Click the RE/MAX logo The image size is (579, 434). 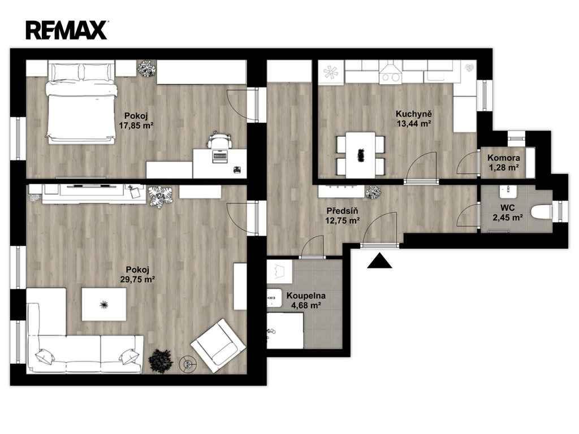pyautogui.click(x=67, y=30)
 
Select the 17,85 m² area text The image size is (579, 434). pyautogui.click(x=136, y=125)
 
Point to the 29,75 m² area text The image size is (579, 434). pyautogui.click(x=137, y=279)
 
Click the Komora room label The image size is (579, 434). pyautogui.click(x=504, y=158)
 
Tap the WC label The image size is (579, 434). pyautogui.click(x=507, y=209)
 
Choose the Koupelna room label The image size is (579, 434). pyautogui.click(x=306, y=296)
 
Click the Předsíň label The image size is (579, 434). pyautogui.click(x=342, y=211)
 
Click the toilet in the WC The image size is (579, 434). pyautogui.click(x=541, y=213)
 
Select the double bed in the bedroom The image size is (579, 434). pyautogui.click(x=81, y=102)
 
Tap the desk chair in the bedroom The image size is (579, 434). pyautogui.click(x=220, y=140)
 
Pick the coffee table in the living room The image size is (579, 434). pyautogui.click(x=104, y=305)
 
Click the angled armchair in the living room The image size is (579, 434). pyautogui.click(x=218, y=345)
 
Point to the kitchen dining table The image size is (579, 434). pyautogui.click(x=360, y=155)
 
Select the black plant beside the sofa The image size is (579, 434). pyautogui.click(x=161, y=360)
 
